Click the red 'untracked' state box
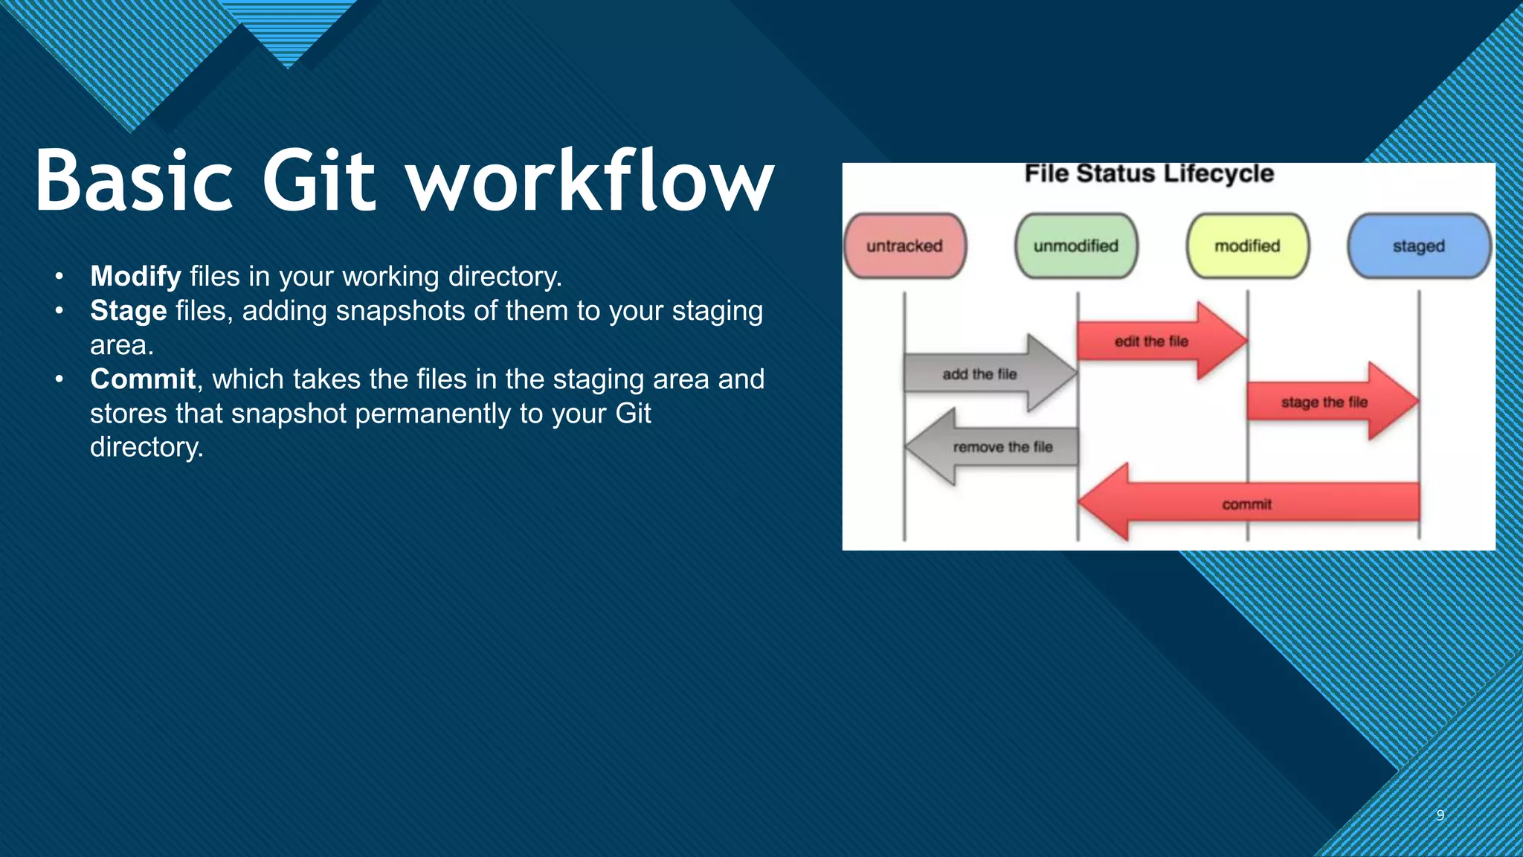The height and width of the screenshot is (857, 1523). [x=904, y=246]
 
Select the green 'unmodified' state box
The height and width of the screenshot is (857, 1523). [x=1075, y=246]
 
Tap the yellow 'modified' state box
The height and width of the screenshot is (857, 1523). [x=1247, y=246]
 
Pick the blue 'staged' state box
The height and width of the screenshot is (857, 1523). [x=1418, y=246]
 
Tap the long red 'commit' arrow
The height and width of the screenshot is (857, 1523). [x=1247, y=504]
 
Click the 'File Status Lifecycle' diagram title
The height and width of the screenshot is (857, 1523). [x=1149, y=174]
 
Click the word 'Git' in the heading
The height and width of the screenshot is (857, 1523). [x=319, y=181]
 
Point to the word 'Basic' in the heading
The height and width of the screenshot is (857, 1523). [x=134, y=181]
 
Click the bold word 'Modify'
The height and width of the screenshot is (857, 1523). [x=135, y=277]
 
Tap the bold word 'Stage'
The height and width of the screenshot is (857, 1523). [x=128, y=311]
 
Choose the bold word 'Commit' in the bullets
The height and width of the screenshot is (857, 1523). [x=143, y=379]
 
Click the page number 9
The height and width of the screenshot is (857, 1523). [x=1440, y=815]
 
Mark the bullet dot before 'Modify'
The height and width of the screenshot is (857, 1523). [x=59, y=277]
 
